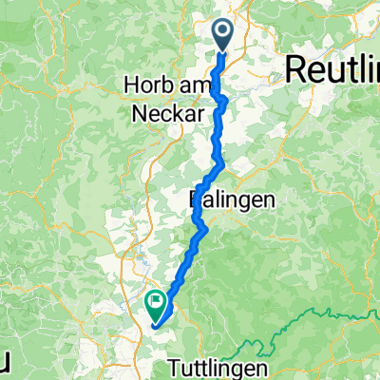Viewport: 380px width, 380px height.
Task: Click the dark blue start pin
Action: (224, 35)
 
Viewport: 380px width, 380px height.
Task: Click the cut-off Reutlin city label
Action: (332, 68)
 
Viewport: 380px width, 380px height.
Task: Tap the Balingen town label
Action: (233, 199)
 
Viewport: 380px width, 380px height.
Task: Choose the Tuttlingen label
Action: (218, 366)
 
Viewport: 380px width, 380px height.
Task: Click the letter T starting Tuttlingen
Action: (172, 366)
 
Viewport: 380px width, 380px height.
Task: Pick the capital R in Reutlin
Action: (294, 68)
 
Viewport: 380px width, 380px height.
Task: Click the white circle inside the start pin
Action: (224, 32)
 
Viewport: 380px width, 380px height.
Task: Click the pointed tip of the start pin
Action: (224, 51)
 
